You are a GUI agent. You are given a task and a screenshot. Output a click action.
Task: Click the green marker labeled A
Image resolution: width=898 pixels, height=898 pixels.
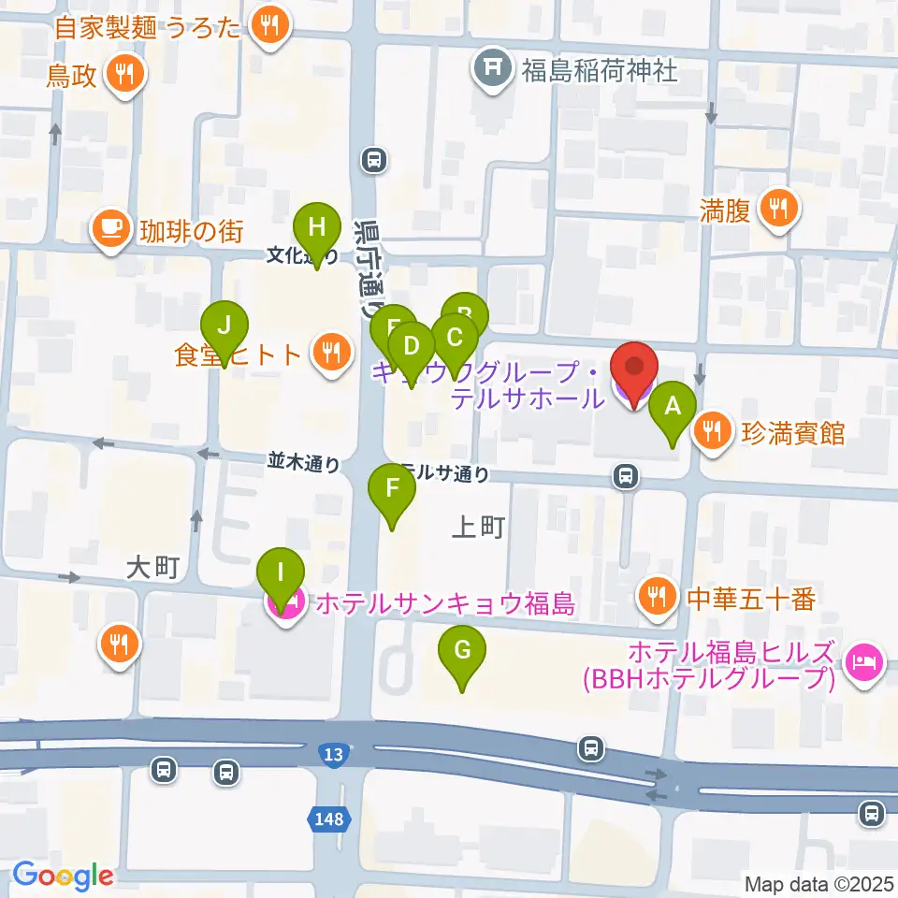pyautogui.click(x=672, y=408)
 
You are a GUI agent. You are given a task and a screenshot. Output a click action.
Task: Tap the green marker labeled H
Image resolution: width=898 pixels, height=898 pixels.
pyautogui.click(x=316, y=228)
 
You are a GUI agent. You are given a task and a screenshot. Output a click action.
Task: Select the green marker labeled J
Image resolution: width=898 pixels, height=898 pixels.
pyautogui.click(x=224, y=327)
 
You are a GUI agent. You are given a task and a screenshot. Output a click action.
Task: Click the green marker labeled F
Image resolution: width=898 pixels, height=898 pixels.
pyautogui.click(x=392, y=489)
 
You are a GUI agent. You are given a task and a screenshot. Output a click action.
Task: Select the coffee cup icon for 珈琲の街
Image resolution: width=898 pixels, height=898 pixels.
pyautogui.click(x=110, y=229)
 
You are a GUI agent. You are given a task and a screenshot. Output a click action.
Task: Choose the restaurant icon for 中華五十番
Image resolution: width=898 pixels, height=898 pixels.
pyautogui.click(x=657, y=595)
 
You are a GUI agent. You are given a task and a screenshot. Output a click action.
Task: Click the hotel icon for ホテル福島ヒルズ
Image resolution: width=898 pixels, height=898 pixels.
pyautogui.click(x=862, y=663)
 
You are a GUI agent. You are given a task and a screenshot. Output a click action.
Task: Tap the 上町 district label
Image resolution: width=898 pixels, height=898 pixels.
pyautogui.click(x=478, y=528)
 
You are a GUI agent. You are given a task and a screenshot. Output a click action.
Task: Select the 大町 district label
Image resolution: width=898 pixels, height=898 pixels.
pyautogui.click(x=151, y=568)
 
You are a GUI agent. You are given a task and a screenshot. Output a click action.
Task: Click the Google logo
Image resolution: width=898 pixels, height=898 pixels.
pyautogui.click(x=64, y=875)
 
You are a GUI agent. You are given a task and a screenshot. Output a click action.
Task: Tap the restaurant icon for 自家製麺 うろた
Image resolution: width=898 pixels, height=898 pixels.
pyautogui.click(x=270, y=26)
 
